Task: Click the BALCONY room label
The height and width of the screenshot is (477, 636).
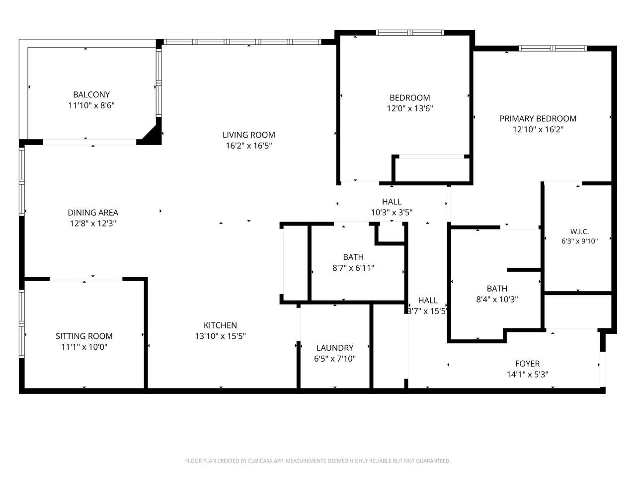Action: click(x=91, y=95)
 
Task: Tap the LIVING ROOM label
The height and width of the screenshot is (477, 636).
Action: click(x=248, y=135)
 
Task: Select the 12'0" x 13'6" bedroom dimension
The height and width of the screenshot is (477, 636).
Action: click(x=410, y=108)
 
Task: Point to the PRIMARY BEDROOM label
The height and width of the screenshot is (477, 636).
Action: click(x=538, y=118)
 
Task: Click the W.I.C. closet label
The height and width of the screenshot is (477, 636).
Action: click(x=579, y=232)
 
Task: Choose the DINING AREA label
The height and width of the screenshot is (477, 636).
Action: click(x=93, y=213)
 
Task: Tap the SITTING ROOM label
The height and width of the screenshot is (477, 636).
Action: click(x=84, y=336)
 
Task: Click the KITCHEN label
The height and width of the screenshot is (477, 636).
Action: click(x=220, y=325)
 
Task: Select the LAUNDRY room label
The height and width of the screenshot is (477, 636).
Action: click(x=335, y=348)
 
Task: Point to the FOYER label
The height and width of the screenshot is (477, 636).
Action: click(x=527, y=364)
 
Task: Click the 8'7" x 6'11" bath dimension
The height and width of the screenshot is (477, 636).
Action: click(x=353, y=268)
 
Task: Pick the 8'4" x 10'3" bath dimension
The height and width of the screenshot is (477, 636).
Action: click(x=497, y=299)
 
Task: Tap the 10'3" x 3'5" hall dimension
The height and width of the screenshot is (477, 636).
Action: click(x=392, y=212)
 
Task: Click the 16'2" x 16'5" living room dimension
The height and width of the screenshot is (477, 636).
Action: click(x=249, y=146)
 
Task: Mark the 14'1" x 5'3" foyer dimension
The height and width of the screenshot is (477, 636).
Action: click(x=527, y=374)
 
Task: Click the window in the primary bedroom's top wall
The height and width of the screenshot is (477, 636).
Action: click(x=553, y=48)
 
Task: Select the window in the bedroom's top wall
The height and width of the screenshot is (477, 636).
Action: click(x=410, y=32)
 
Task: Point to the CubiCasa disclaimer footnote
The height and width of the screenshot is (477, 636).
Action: click(x=318, y=461)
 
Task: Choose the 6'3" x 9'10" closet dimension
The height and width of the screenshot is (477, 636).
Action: click(x=579, y=241)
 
